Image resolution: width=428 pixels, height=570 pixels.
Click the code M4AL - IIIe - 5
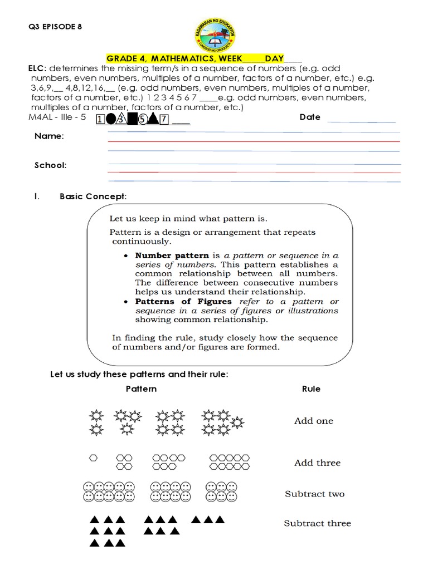(x=56, y=118)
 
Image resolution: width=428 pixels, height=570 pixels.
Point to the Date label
(x=310, y=117)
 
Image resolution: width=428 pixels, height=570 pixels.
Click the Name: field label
(x=49, y=136)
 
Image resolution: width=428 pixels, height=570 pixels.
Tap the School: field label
(x=51, y=165)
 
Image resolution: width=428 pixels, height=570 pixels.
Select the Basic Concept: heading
(x=93, y=196)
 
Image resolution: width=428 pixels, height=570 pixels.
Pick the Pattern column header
(x=141, y=389)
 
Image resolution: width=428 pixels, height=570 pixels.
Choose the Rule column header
(x=311, y=389)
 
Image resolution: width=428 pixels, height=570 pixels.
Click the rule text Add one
(x=314, y=421)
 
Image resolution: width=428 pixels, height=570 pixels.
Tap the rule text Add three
(x=317, y=463)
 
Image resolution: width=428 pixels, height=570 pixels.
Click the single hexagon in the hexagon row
(x=94, y=458)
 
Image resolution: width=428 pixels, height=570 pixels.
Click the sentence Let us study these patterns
(x=139, y=374)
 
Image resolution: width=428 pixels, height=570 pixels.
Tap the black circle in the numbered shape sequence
(x=111, y=120)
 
